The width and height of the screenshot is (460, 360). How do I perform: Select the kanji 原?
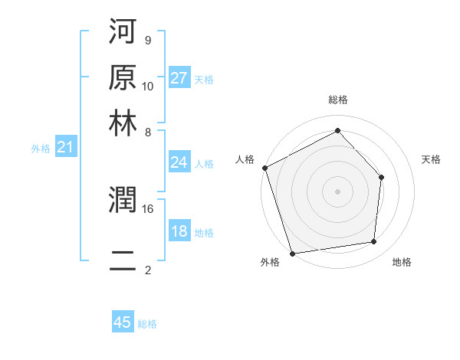[123, 78]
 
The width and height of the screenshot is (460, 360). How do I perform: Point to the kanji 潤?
[123, 201]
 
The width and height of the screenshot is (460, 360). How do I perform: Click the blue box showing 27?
[179, 78]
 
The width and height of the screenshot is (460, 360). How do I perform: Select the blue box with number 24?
[179, 162]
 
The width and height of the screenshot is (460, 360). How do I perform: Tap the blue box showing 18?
[179, 232]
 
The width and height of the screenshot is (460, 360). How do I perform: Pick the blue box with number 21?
[65, 147]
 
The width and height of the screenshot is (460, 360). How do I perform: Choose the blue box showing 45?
[123, 322]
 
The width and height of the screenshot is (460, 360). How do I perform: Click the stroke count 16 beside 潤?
[148, 208]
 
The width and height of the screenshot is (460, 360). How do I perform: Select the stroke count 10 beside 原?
[148, 86]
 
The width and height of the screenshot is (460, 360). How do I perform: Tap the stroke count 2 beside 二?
[147, 270]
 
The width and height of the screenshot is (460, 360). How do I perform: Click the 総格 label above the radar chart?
[337, 100]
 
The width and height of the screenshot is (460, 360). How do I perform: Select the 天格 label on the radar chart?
[431, 159]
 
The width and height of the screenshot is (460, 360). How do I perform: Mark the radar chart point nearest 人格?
[264, 168]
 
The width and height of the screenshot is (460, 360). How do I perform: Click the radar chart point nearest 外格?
[293, 253]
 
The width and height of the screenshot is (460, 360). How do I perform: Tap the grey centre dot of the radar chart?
[337, 191]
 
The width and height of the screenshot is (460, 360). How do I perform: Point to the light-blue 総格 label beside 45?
[147, 324]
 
